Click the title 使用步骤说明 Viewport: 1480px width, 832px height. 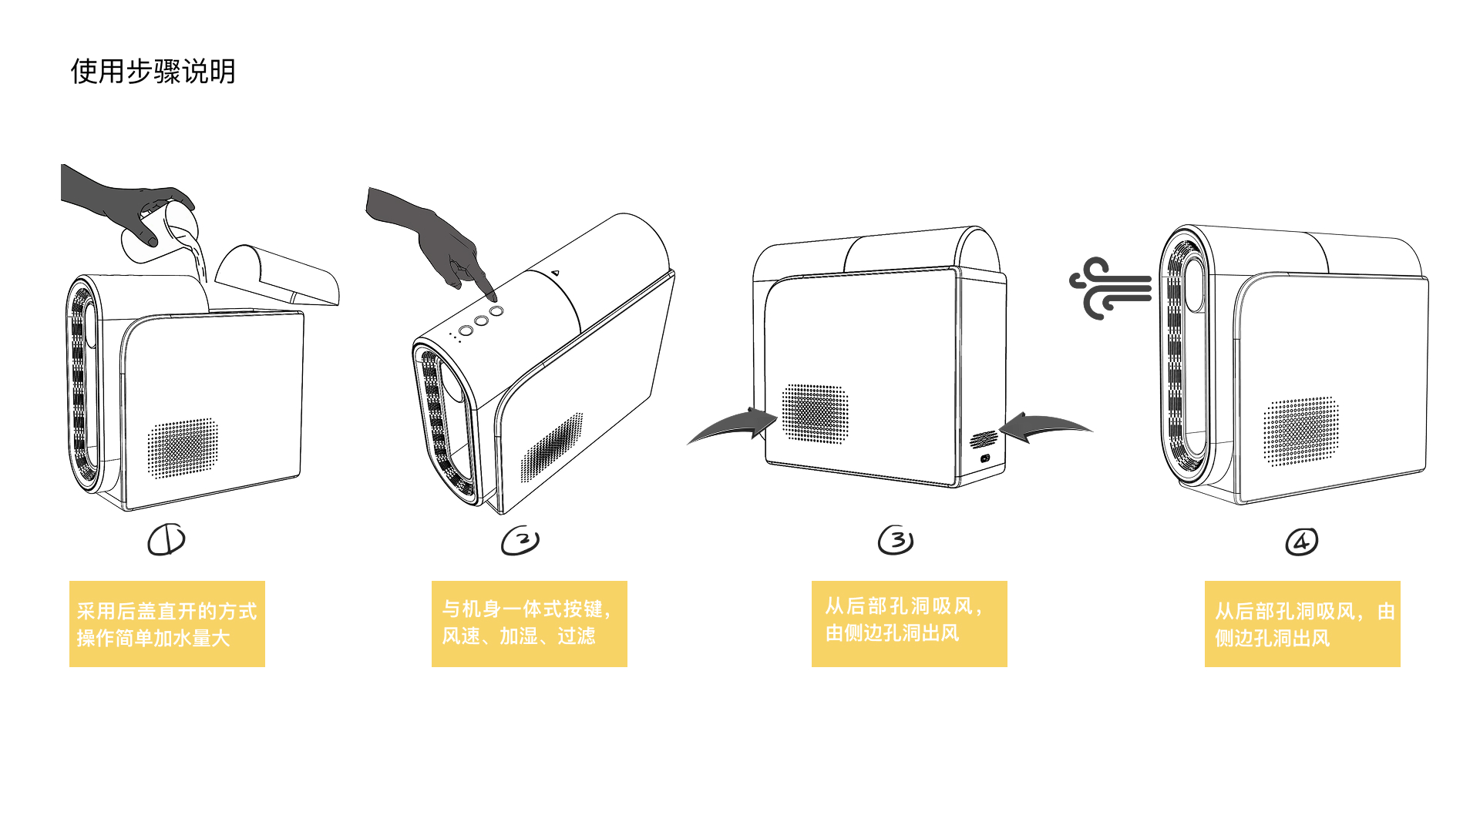[x=153, y=72]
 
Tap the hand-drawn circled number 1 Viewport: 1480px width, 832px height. [x=166, y=539]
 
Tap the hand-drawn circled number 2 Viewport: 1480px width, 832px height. [x=520, y=541]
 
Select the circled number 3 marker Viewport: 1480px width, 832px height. [x=896, y=540]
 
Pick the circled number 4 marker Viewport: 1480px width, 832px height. [x=1302, y=542]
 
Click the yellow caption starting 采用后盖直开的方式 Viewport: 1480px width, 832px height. [x=167, y=624]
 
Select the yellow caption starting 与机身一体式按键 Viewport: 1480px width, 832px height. [x=530, y=624]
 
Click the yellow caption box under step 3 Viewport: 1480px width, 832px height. [x=910, y=624]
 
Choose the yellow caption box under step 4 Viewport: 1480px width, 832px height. [x=1303, y=624]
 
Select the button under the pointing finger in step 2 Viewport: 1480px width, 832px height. [x=496, y=311]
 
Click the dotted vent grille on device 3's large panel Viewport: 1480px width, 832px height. [x=815, y=414]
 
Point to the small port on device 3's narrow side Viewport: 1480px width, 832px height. [x=985, y=458]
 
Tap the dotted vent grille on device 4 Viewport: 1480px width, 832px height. [x=1300, y=431]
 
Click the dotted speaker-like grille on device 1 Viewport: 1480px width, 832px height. [x=183, y=448]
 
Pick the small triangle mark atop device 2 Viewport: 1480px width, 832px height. [x=555, y=272]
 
